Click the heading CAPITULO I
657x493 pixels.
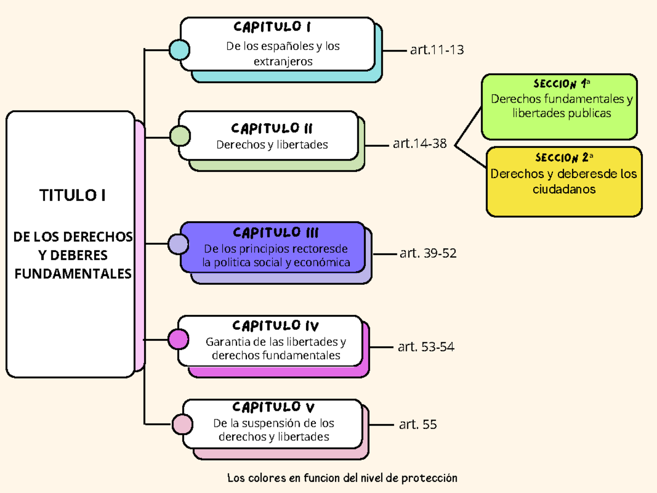point(272,27)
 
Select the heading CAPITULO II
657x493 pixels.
point(272,129)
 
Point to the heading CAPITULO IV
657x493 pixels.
point(275,326)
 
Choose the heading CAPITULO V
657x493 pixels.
point(273,407)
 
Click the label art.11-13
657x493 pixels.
point(436,50)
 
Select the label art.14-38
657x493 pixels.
point(419,144)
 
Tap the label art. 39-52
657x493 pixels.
point(428,253)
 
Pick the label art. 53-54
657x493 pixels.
point(426,347)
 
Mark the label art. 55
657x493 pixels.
point(418,425)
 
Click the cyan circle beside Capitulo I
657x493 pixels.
point(179,49)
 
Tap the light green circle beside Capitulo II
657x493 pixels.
point(180,136)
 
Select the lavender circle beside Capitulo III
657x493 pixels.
point(178,244)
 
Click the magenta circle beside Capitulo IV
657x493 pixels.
point(178,339)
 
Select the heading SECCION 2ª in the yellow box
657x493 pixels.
point(564,158)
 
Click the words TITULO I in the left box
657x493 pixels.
point(72,196)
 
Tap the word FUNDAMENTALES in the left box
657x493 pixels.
point(73,273)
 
